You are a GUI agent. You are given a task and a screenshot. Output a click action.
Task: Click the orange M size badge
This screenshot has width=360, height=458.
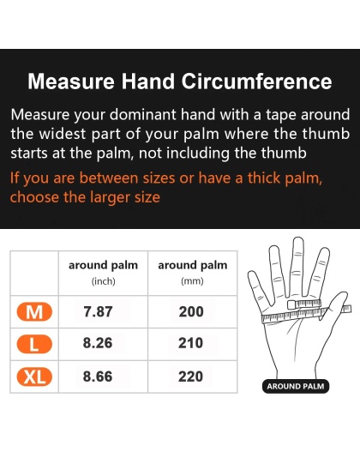35,312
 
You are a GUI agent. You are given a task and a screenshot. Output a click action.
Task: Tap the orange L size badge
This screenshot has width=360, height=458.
35,345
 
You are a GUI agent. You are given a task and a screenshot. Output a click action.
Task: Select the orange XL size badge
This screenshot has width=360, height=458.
35,377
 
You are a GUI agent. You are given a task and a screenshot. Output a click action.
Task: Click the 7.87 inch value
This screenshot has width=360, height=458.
97,312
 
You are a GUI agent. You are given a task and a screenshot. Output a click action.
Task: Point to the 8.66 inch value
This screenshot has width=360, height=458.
97,377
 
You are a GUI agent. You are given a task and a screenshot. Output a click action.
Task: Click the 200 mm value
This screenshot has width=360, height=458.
191,312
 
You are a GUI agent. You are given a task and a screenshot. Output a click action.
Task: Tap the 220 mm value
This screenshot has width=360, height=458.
191,377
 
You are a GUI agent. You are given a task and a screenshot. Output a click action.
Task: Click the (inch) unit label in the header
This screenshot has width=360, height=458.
103,280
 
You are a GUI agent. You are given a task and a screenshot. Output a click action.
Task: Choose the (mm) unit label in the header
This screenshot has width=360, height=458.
192,280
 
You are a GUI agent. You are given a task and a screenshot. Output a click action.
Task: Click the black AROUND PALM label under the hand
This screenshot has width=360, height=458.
296,387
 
